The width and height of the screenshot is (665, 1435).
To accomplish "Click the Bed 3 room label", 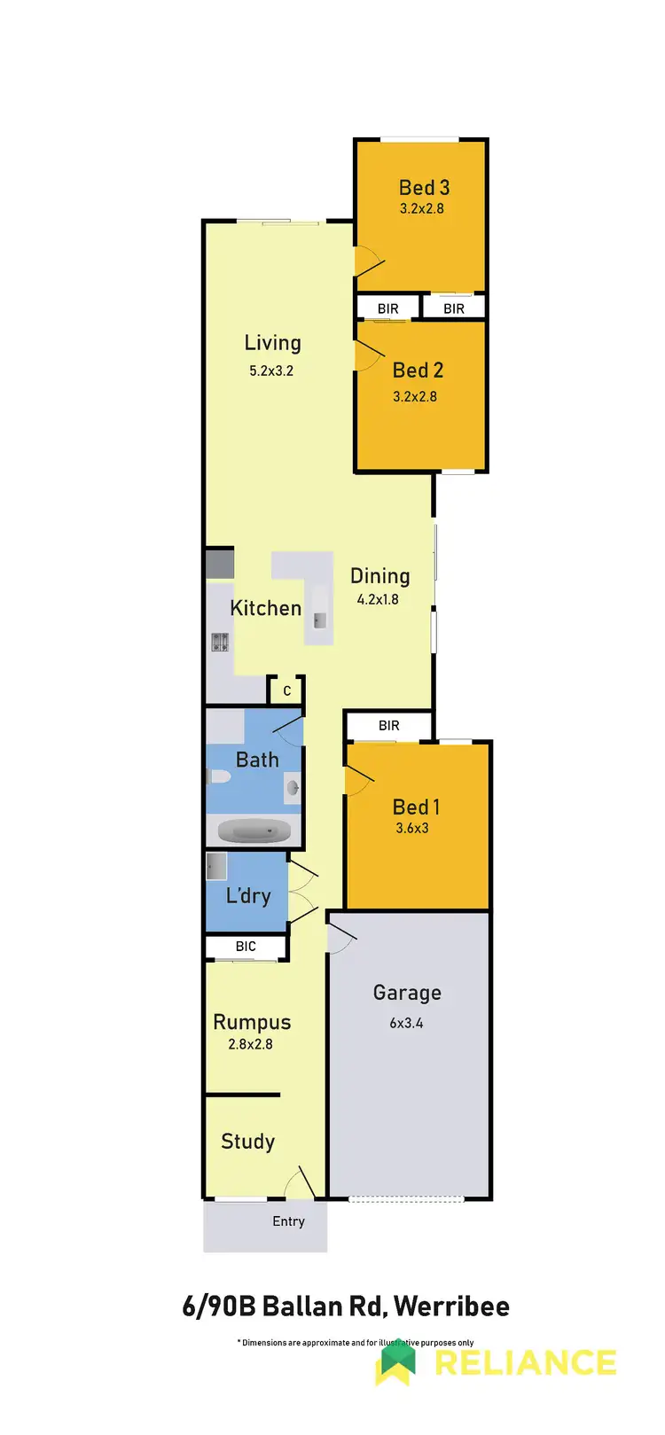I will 424,188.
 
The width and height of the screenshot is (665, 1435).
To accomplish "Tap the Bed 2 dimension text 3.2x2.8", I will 415,396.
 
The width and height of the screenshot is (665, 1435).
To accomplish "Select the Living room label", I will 272,343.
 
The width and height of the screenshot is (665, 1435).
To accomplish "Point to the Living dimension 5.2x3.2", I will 271,370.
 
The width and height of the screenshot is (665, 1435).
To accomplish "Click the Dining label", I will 379,576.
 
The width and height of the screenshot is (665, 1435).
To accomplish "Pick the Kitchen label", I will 265,608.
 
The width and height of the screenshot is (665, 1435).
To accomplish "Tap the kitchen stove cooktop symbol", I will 220,642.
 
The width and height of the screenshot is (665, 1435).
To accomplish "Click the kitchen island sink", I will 319,620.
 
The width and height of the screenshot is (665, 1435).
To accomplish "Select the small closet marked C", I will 286,690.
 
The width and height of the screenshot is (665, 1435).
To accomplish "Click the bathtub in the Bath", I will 254,832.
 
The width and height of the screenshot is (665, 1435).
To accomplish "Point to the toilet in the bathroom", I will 218,777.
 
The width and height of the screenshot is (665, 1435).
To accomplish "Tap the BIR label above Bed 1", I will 389,725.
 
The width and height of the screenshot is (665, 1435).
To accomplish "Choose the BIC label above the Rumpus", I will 246,947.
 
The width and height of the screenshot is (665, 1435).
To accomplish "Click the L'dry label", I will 248,895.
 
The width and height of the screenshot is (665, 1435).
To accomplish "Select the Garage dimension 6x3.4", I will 406,1023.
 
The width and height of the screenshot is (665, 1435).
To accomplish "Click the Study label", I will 247,1142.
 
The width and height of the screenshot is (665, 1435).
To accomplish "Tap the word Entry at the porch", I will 288,1221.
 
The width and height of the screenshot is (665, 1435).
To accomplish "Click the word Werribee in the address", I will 451,1306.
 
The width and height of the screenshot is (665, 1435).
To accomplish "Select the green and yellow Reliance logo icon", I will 396,1363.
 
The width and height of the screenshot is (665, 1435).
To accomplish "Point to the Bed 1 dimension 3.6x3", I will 412,829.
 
